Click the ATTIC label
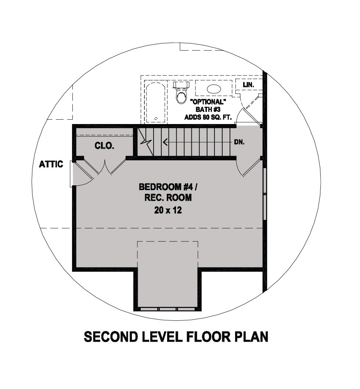[x=51, y=164]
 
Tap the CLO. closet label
[x=105, y=146]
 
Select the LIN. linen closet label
[x=249, y=85]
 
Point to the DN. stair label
[x=240, y=142]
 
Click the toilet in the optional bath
[x=181, y=92]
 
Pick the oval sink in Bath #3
[x=214, y=89]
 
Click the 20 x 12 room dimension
[x=168, y=210]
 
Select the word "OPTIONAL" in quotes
[x=208, y=102]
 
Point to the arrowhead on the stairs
[x=165, y=142]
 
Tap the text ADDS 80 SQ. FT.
[x=208, y=117]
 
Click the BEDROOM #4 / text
[x=168, y=187]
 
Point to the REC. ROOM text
[x=168, y=198]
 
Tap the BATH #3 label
[x=208, y=109]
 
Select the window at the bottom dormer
[x=168, y=309]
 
